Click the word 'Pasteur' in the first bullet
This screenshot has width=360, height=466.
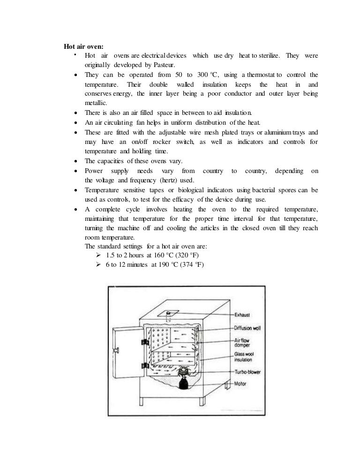click(x=176, y=65)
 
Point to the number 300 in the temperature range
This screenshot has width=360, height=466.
click(x=203, y=75)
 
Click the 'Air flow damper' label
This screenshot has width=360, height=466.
click(x=244, y=342)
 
